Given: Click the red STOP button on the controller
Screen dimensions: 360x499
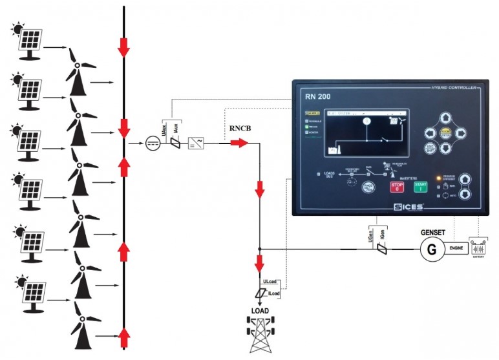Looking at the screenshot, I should coord(396,186).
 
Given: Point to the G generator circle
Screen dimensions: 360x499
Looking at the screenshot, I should coord(429,249).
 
